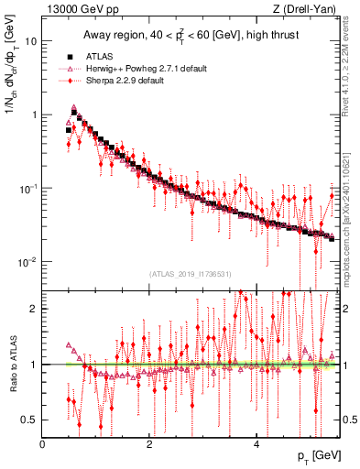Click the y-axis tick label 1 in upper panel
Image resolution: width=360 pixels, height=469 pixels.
(x=34, y=115)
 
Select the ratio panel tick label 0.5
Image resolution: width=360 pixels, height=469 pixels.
(x=31, y=420)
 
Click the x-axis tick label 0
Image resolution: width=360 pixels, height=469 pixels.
(x=42, y=444)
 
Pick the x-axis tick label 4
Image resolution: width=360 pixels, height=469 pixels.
(x=256, y=444)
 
